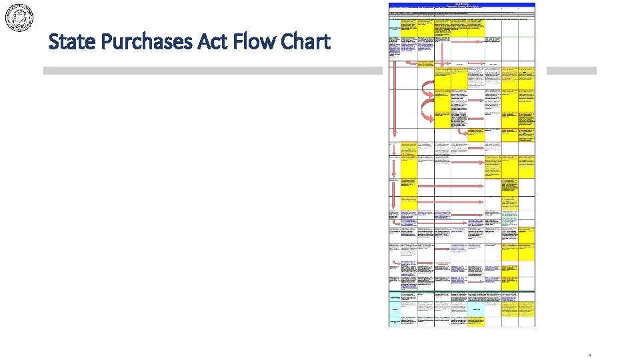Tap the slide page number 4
coord(589,355)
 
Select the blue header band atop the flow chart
coord(462,5)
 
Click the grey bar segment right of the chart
coord(571,71)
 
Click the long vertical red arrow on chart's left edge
coord(394,100)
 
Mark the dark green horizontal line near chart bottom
coord(462,291)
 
